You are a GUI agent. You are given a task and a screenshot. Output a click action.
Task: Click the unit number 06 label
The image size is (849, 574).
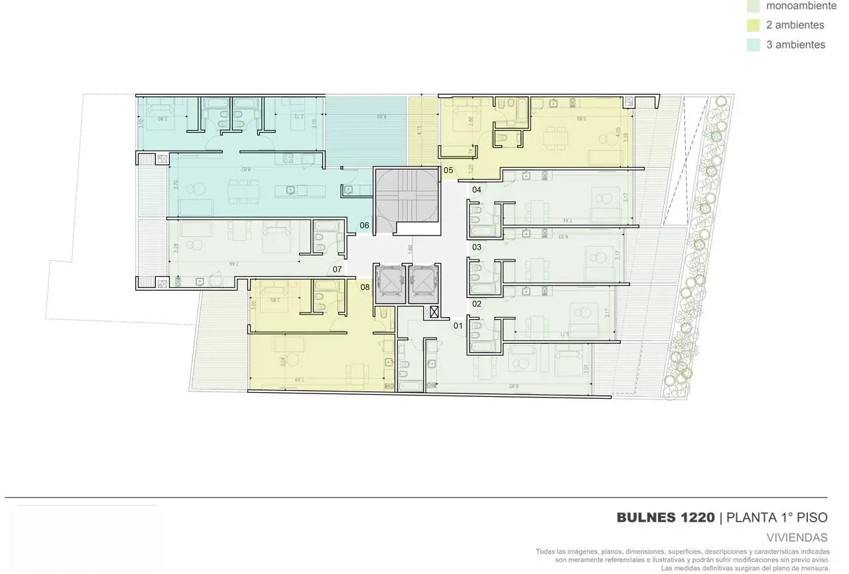[364, 226]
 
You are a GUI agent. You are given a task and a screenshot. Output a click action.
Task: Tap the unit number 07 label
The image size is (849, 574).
[337, 269]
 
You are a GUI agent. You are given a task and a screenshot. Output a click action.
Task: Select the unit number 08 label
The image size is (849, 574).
[365, 287]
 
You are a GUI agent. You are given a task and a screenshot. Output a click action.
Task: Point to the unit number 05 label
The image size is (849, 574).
[448, 171]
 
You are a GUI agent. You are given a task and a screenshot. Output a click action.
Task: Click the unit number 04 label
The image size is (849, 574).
[476, 190]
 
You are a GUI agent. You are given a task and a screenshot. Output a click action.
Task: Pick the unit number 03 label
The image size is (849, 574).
[476, 247]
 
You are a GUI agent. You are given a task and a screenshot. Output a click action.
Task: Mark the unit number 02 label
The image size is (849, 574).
[476, 304]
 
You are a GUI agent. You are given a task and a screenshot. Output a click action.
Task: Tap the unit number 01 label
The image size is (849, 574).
[458, 326]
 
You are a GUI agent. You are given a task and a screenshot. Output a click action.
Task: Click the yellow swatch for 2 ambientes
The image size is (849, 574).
[753, 25]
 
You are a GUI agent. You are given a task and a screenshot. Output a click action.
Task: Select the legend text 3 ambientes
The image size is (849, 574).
[795, 45]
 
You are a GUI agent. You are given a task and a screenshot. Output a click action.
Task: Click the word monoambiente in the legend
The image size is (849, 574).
[801, 6]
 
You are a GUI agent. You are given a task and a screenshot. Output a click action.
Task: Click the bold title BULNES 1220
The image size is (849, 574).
[665, 518]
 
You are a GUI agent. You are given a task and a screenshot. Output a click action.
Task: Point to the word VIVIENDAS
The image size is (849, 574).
[797, 538]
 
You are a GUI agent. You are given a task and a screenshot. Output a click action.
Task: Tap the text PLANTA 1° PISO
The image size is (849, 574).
[777, 518]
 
